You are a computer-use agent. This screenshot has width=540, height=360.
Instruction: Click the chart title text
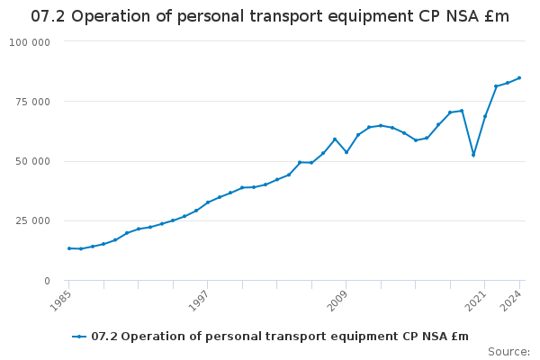(270, 16)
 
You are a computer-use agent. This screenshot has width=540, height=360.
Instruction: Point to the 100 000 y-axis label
(30, 42)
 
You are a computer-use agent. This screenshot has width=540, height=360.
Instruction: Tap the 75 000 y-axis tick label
(32, 102)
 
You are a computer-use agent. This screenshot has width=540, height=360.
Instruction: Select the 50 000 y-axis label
(32, 162)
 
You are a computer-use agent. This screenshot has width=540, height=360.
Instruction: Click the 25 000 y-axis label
(32, 221)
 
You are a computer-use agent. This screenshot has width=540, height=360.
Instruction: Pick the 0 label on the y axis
(47, 281)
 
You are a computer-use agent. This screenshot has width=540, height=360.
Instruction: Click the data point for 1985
(69, 248)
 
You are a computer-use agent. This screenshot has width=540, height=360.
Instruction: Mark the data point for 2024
(519, 77)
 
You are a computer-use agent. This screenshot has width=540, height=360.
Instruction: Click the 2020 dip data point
(473, 155)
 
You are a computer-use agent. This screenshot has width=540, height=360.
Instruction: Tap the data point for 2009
(346, 152)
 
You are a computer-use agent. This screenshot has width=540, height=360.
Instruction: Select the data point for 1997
(208, 202)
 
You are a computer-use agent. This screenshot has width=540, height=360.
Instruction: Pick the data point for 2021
(485, 116)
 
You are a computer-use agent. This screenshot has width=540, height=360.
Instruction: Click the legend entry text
(280, 337)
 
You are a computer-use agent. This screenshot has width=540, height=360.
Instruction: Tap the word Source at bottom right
(508, 352)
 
